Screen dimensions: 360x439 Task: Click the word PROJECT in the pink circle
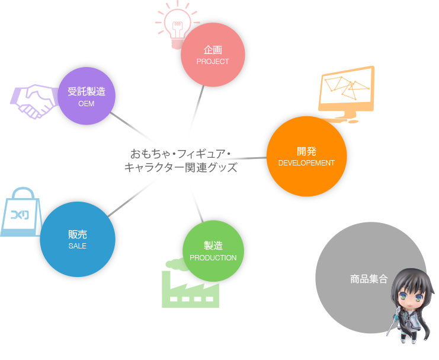tap(212, 62)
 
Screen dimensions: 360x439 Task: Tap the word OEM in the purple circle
tap(86, 104)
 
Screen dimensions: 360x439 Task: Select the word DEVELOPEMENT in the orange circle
tap(306, 163)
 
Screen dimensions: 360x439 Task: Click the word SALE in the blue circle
tap(77, 246)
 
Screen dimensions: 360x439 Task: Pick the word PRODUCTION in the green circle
tap(213, 258)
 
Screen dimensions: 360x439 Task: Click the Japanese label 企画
tap(212, 50)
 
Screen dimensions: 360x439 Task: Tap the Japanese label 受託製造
tap(86, 91)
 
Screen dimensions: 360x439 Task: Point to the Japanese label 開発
tap(306, 151)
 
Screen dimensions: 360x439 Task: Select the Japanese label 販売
tap(77, 234)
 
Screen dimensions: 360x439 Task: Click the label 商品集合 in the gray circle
tap(368, 278)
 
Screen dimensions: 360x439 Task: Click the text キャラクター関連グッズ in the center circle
tap(180, 168)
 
